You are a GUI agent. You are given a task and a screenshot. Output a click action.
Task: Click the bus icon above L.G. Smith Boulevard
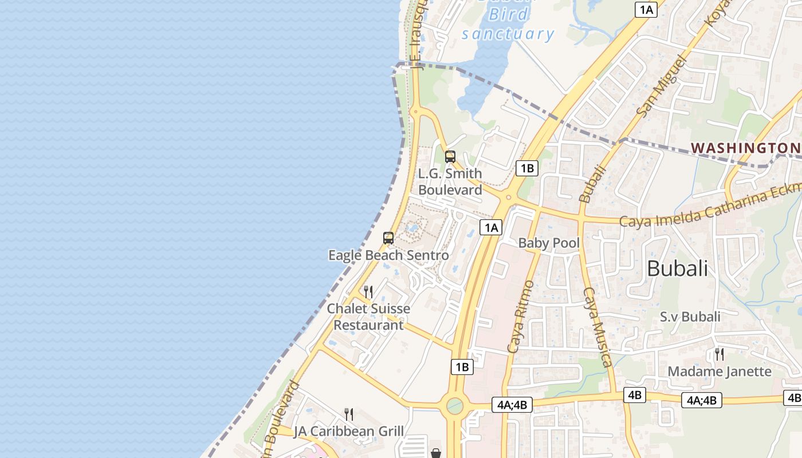pos(450,157)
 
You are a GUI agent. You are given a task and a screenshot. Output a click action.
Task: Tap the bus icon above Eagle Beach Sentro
pos(388,238)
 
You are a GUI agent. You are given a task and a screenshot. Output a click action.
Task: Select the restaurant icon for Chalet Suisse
pos(368,292)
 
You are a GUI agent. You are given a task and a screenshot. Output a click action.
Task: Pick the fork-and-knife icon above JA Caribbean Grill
pos(348,414)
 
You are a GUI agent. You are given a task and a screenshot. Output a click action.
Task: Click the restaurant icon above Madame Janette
pos(720,354)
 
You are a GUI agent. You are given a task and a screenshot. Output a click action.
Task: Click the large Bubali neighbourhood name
pos(677,268)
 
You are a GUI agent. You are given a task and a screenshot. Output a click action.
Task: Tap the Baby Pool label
pos(549,243)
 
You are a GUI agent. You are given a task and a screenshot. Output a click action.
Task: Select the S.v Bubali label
pos(690,317)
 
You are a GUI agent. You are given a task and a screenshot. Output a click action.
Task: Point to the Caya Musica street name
pos(597,327)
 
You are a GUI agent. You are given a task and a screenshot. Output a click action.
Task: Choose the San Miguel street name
pos(661,86)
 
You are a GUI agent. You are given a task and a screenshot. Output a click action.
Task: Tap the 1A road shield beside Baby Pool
pos(491,227)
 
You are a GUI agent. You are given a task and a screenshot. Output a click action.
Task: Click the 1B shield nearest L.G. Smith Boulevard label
pos(526,168)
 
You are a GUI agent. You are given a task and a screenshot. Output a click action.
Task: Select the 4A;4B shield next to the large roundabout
pos(512,405)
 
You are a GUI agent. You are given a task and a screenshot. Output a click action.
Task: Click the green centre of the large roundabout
pos(454,406)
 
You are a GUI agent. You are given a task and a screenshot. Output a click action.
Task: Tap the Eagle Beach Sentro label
pos(388,255)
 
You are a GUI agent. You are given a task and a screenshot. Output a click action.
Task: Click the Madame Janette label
pos(720,372)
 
